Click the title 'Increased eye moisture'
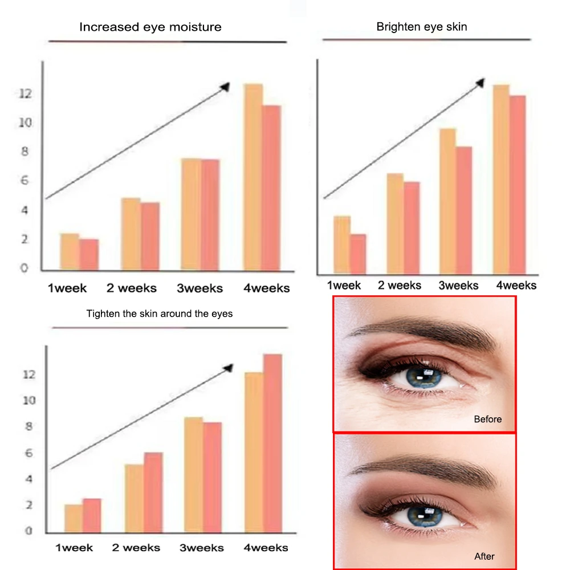[x=150, y=27]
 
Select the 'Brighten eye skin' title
[x=422, y=27]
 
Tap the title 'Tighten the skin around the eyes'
[x=160, y=313]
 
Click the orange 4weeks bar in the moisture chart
[x=253, y=177]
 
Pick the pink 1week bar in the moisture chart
[x=89, y=254]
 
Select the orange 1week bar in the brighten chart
[x=341, y=244]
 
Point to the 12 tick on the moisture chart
[x=24, y=93]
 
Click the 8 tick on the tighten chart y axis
[x=29, y=426]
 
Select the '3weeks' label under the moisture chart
[x=199, y=288]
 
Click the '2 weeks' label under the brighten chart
[x=400, y=285]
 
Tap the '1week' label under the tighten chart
[x=74, y=548]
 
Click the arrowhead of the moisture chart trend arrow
[x=225, y=86]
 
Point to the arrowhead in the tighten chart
[x=229, y=367]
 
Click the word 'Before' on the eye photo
[x=488, y=419]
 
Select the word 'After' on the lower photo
[x=484, y=556]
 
